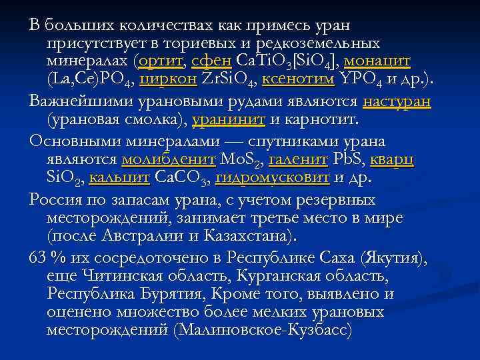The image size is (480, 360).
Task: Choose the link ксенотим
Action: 298,81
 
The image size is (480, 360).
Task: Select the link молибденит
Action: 168,161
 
